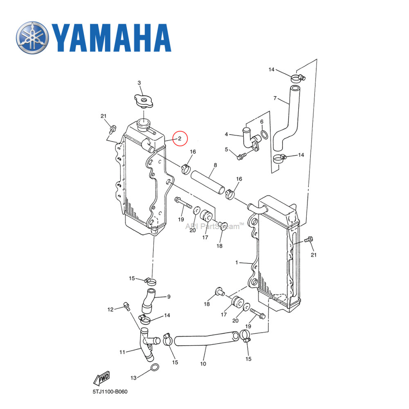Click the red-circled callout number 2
180,139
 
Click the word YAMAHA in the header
112,38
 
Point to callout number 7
275,98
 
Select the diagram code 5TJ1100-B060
110,392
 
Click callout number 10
203,363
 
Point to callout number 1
236,263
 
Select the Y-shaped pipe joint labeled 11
145,344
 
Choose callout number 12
110,310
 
